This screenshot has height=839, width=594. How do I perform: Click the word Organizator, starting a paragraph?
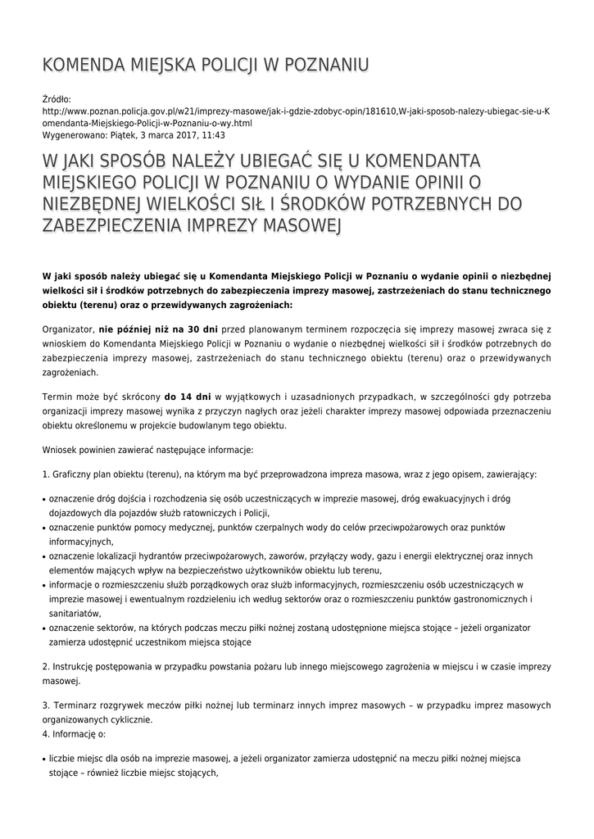coord(68,328)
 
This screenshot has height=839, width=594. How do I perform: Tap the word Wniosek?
coord(61,450)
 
